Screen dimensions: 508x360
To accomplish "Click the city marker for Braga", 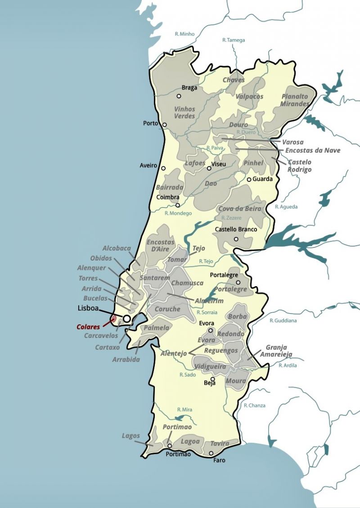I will (179, 96).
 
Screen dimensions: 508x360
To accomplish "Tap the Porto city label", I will (151, 123).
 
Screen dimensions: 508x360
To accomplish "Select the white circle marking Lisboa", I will (127, 319).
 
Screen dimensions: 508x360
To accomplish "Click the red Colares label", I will (88, 327).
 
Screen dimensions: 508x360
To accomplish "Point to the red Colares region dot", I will (113, 319).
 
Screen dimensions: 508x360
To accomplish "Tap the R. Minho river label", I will (184, 34).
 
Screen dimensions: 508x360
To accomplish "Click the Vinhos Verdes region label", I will (184, 112).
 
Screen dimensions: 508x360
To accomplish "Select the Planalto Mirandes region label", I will (295, 100).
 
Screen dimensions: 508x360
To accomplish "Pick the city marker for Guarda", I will (248, 180).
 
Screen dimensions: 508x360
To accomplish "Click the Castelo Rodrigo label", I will (300, 166).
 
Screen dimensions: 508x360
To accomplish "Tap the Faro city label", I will (219, 460).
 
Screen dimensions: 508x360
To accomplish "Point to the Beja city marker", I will (213, 379).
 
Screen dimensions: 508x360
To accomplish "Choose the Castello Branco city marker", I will (236, 239).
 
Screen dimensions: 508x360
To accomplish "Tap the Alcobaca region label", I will (117, 248).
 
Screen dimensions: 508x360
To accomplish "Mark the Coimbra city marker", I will (178, 205).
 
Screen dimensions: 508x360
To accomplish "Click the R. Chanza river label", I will (255, 405).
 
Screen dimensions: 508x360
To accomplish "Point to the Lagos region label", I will (130, 436).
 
